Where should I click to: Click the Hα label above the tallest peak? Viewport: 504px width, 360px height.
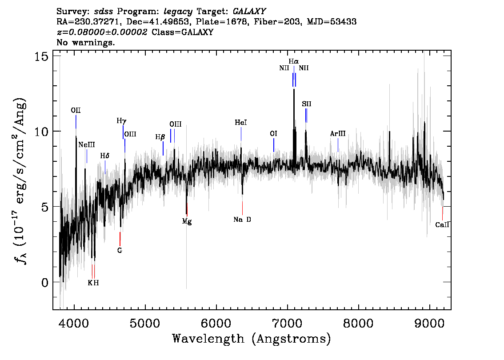pyautogui.click(x=293, y=61)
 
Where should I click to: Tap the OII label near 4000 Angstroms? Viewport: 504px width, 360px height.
pyautogui.click(x=76, y=110)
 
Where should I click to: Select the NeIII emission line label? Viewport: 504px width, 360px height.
pyautogui.click(x=86, y=145)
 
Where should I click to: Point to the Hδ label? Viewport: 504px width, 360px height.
pyautogui.click(x=104, y=156)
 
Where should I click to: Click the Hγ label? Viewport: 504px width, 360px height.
pyautogui.click(x=121, y=120)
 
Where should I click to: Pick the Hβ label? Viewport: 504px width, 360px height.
pyautogui.click(x=160, y=137)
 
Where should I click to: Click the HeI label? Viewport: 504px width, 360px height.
pyautogui.click(x=241, y=122)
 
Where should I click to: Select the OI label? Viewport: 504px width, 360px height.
pyautogui.click(x=273, y=133)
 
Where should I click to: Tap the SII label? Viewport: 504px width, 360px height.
pyautogui.click(x=306, y=104)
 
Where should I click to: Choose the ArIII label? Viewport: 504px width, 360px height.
pyautogui.click(x=338, y=133)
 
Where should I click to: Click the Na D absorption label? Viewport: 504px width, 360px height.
pyautogui.click(x=242, y=220)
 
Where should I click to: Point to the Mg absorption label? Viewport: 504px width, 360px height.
pyautogui.click(x=187, y=221)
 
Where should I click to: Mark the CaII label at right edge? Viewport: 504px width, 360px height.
pyautogui.click(x=442, y=225)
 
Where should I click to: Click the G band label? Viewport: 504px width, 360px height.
pyautogui.click(x=120, y=250)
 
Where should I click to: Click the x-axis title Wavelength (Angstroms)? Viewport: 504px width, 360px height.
pyautogui.click(x=252, y=339)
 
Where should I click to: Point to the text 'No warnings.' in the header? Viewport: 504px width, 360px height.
pyautogui.click(x=86, y=43)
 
